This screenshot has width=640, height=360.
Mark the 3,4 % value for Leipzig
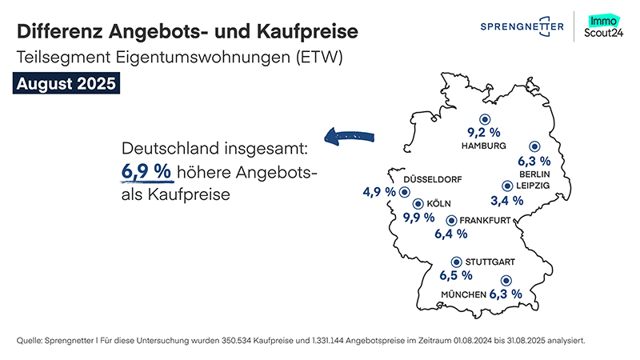click(x=506, y=200)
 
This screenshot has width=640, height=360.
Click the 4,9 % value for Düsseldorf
click(x=379, y=192)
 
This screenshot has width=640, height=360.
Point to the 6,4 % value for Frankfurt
click(x=451, y=234)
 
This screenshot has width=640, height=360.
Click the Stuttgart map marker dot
click(x=456, y=261)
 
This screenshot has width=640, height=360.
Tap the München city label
click(x=463, y=295)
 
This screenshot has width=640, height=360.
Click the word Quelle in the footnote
click(x=30, y=341)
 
